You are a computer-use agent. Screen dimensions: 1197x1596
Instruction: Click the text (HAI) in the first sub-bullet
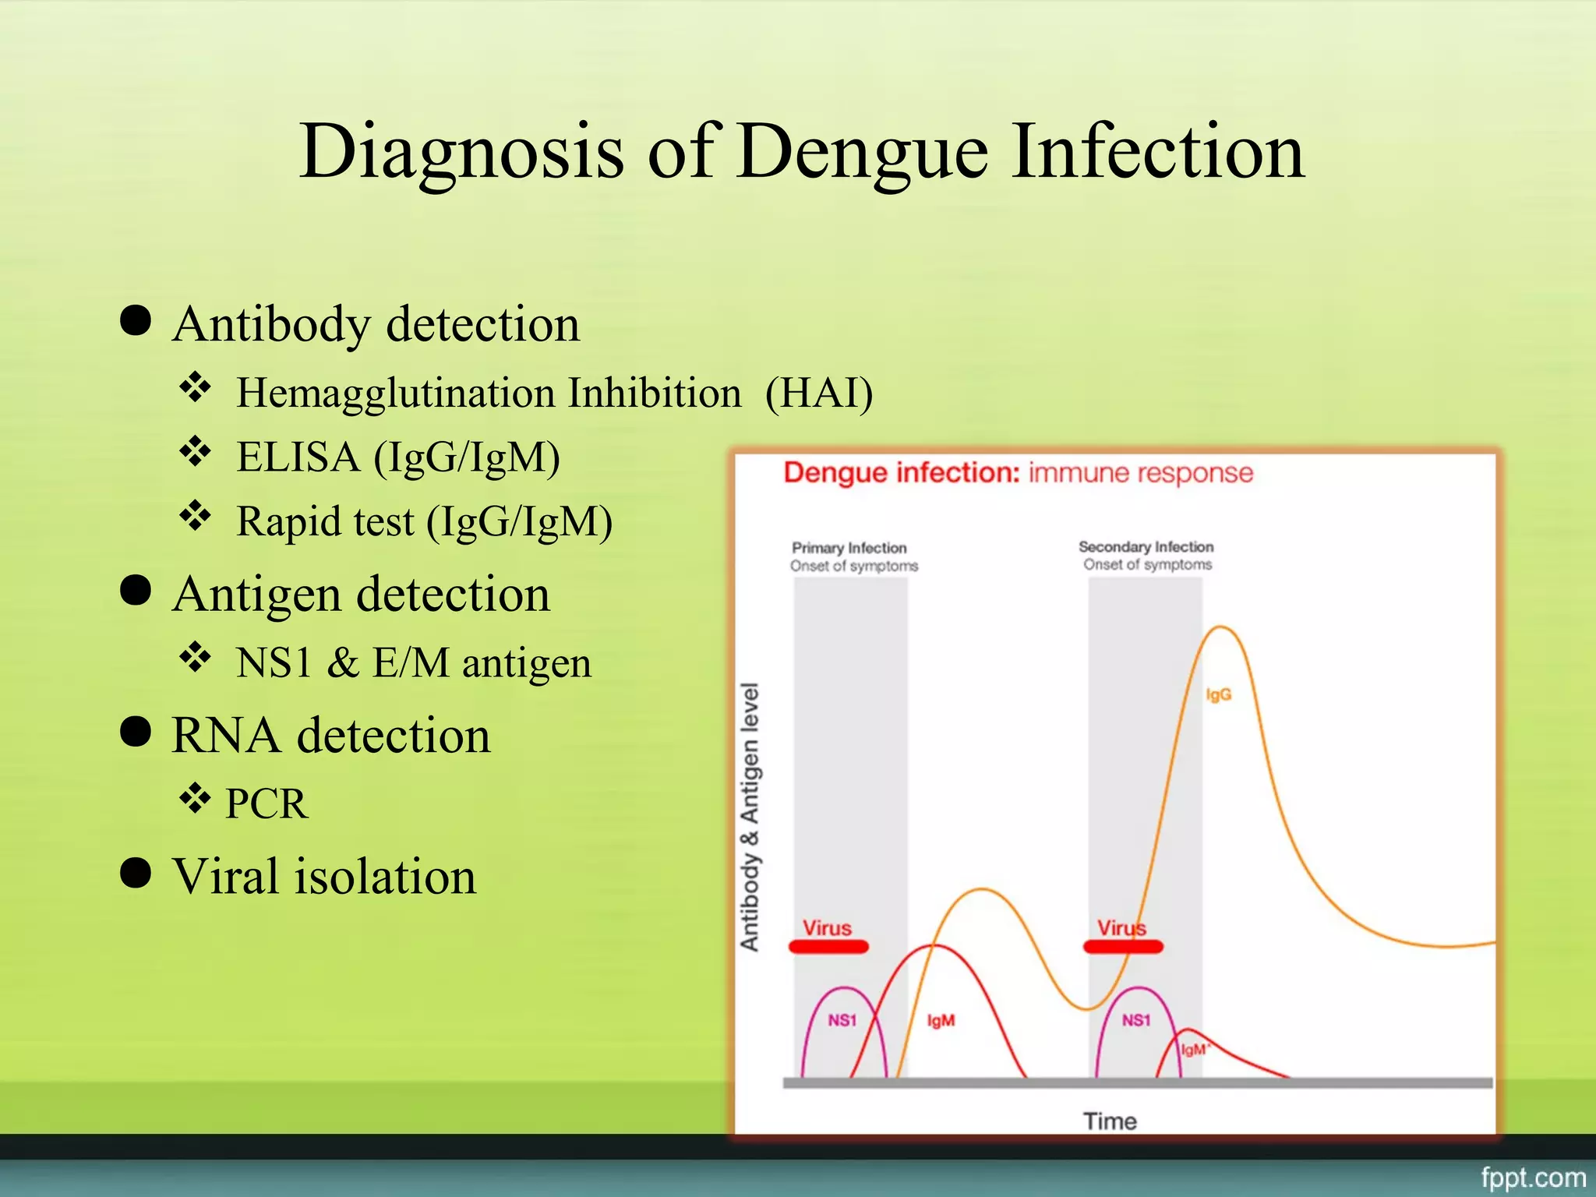pyautogui.click(x=818, y=392)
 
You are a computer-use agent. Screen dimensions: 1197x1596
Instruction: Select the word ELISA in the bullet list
pyautogui.click(x=298, y=457)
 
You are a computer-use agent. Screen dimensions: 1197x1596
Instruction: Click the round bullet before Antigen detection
pyautogui.click(x=136, y=591)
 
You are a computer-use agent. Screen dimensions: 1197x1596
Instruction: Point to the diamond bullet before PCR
pyautogui.click(x=195, y=797)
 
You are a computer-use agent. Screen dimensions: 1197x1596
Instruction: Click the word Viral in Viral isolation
pyautogui.click(x=225, y=876)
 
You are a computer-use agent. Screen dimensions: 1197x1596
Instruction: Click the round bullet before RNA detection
pyautogui.click(x=136, y=732)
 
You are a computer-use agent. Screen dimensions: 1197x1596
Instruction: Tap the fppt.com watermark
pyautogui.click(x=1533, y=1177)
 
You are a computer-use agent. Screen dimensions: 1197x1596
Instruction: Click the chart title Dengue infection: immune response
pyautogui.click(x=1018, y=473)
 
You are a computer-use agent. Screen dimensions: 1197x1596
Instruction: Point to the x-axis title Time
pyautogui.click(x=1110, y=1121)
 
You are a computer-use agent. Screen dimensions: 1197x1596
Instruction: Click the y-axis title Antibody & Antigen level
pyautogui.click(x=750, y=817)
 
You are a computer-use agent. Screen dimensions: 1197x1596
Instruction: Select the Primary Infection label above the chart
pyautogui.click(x=849, y=548)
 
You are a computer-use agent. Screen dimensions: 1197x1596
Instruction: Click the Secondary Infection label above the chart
pyautogui.click(x=1146, y=547)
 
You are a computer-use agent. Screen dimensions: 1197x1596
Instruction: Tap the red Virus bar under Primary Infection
pyautogui.click(x=828, y=947)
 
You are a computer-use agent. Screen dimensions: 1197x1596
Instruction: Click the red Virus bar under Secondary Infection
pyautogui.click(x=1122, y=947)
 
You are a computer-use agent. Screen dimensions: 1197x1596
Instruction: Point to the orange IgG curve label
pyautogui.click(x=1218, y=694)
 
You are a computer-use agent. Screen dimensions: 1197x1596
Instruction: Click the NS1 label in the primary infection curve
pyautogui.click(x=842, y=1020)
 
